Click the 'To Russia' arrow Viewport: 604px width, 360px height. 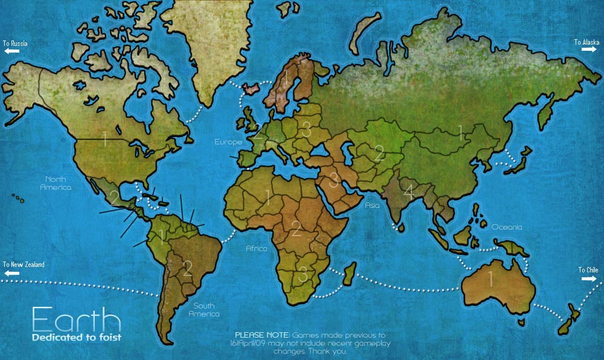11,51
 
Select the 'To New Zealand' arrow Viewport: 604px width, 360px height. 11,273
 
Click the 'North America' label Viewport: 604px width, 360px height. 56,183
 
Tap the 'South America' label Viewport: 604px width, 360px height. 204,309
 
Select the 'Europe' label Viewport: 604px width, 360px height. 228,143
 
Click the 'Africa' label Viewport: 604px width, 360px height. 256,248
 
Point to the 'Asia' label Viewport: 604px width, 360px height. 372,205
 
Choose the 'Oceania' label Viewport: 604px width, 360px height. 506,227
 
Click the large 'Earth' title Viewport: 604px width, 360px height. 76,319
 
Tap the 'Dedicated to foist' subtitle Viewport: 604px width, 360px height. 76,337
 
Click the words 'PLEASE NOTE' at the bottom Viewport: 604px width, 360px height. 262,335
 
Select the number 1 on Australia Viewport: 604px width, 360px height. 490,279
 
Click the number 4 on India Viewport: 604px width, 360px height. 409,193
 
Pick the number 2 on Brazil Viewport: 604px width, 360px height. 188,268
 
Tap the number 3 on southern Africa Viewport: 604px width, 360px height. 303,274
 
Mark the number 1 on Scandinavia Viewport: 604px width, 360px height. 285,80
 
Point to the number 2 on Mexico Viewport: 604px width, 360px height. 114,198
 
